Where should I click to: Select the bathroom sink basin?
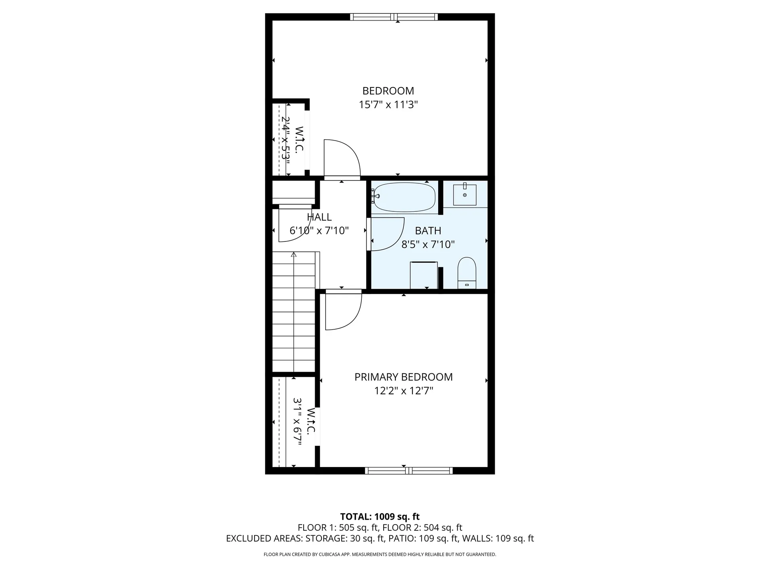[x=465, y=195]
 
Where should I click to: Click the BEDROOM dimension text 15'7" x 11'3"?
[x=388, y=105]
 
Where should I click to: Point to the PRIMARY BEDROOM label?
[x=403, y=377]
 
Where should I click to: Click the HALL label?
[x=319, y=217]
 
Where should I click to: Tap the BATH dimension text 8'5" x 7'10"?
[x=428, y=244]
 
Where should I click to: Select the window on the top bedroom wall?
[x=394, y=17]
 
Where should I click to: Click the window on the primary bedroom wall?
[x=408, y=471]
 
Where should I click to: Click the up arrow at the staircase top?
[x=293, y=255]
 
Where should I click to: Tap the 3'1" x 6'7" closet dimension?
[x=297, y=422]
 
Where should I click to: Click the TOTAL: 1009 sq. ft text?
[x=380, y=517]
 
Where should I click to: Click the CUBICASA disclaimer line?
[x=380, y=555]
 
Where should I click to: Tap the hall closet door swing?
[x=293, y=226]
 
